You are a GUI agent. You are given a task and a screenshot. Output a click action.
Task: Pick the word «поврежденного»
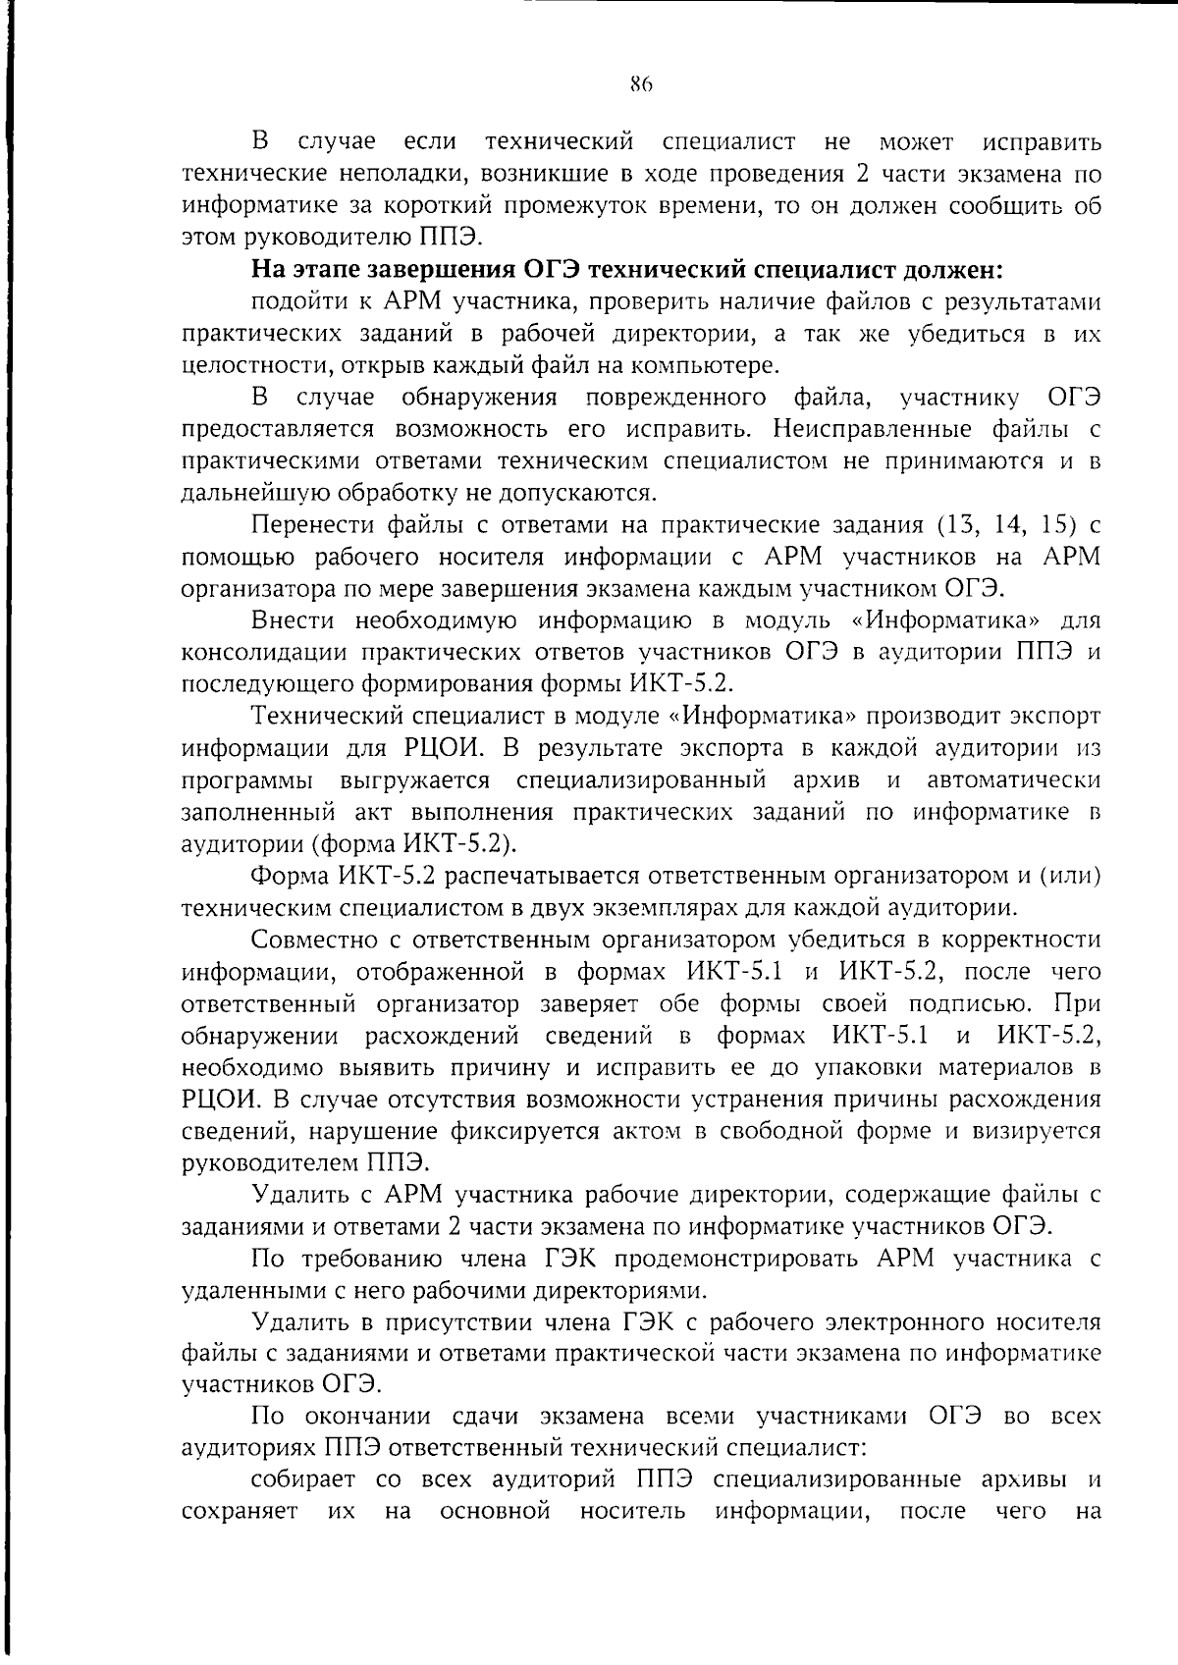click(x=676, y=398)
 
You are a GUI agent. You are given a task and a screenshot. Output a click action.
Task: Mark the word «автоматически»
click(x=1012, y=780)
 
